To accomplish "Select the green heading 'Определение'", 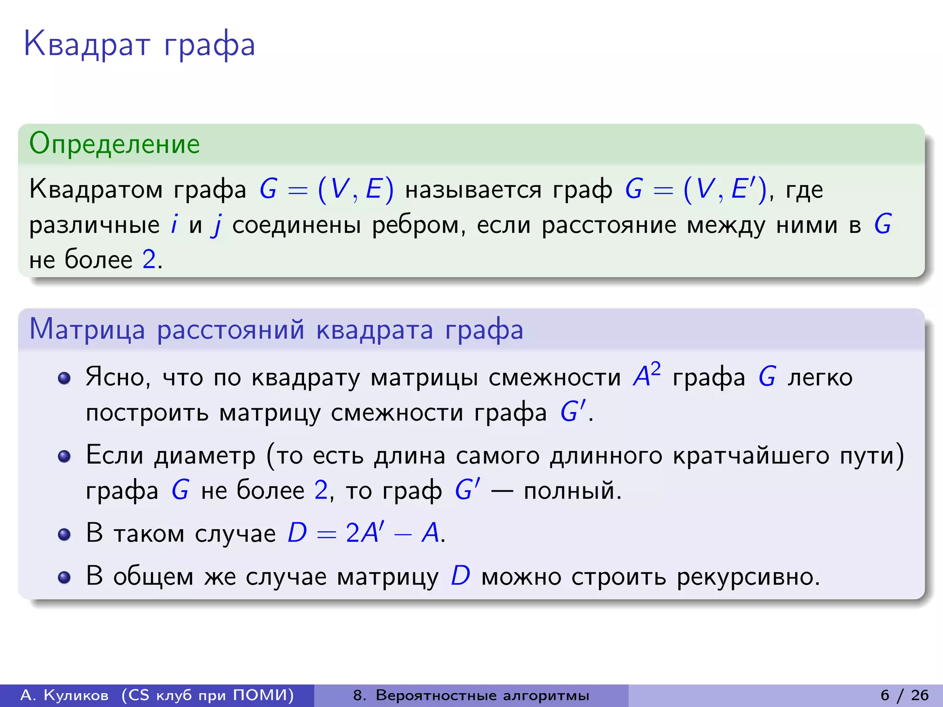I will (114, 144).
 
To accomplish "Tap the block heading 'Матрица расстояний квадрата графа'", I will (276, 330).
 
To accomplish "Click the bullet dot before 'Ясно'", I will (64, 378).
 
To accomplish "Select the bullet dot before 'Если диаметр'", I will (64, 456).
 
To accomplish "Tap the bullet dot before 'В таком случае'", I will (64, 534).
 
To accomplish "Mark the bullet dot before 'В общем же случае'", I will (64, 577).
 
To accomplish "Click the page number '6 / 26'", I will (904, 695).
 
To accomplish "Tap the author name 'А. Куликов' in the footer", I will (64, 695).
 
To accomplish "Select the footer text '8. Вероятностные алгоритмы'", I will (471, 695).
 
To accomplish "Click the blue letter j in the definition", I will (216, 226).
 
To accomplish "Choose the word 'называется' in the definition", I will (473, 190).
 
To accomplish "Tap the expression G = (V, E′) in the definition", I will (695, 189).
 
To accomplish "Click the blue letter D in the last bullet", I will (460, 576).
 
